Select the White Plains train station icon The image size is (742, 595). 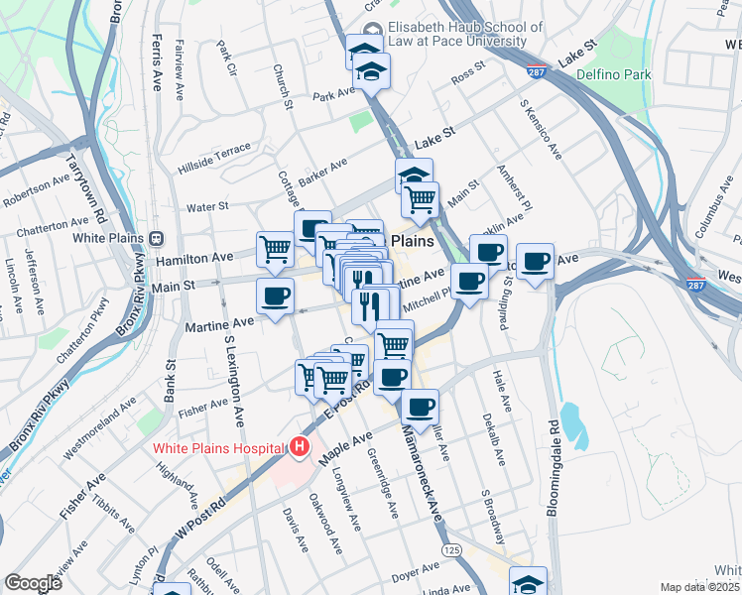click(155, 238)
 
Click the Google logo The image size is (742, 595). click(33, 583)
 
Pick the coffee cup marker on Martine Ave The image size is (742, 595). click(275, 295)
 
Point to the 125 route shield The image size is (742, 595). click(452, 549)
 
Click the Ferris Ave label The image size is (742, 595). click(157, 61)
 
